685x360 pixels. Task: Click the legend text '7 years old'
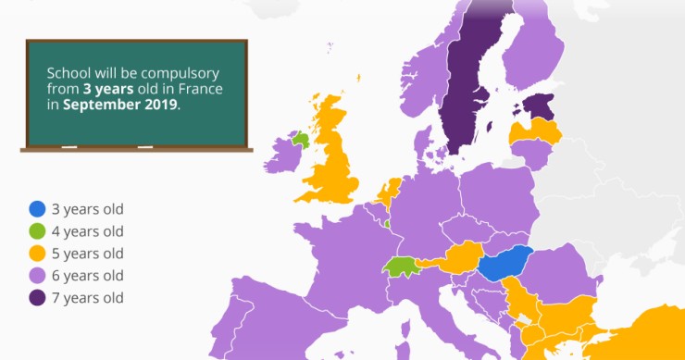point(90,298)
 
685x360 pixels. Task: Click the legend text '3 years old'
point(90,209)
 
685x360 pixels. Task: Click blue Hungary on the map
point(505,265)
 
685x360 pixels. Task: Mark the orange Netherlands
point(390,193)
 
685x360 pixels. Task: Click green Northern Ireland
point(298,140)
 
